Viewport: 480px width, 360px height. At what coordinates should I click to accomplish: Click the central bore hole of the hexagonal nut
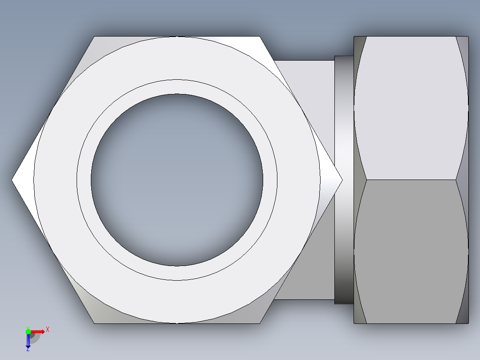177,180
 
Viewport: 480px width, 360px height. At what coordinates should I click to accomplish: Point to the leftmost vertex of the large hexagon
12,180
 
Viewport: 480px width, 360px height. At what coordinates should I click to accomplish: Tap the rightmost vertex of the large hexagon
342,180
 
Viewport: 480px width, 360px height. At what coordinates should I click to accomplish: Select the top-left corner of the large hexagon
95,37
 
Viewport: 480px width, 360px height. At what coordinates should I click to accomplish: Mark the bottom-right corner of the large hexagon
260,323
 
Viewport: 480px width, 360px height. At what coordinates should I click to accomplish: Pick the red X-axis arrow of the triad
38,331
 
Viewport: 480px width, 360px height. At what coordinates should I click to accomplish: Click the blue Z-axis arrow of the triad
28,340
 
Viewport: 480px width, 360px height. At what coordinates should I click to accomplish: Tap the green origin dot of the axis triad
28,331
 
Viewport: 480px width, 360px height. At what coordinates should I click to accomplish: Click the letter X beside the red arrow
47,329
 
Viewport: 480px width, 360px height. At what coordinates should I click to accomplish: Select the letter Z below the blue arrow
28,349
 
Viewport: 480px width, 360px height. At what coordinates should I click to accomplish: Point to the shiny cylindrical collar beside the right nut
343,180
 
